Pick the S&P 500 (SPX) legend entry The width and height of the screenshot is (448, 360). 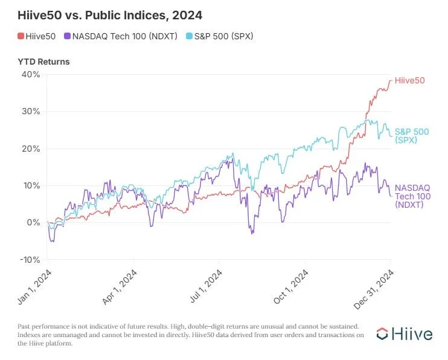217,36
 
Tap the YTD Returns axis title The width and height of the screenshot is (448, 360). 43,62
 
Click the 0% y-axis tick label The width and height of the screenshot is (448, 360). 34,222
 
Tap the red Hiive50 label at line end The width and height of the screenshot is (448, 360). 409,80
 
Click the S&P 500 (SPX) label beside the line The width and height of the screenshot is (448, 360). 408,136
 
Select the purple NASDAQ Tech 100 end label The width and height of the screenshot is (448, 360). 410,196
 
